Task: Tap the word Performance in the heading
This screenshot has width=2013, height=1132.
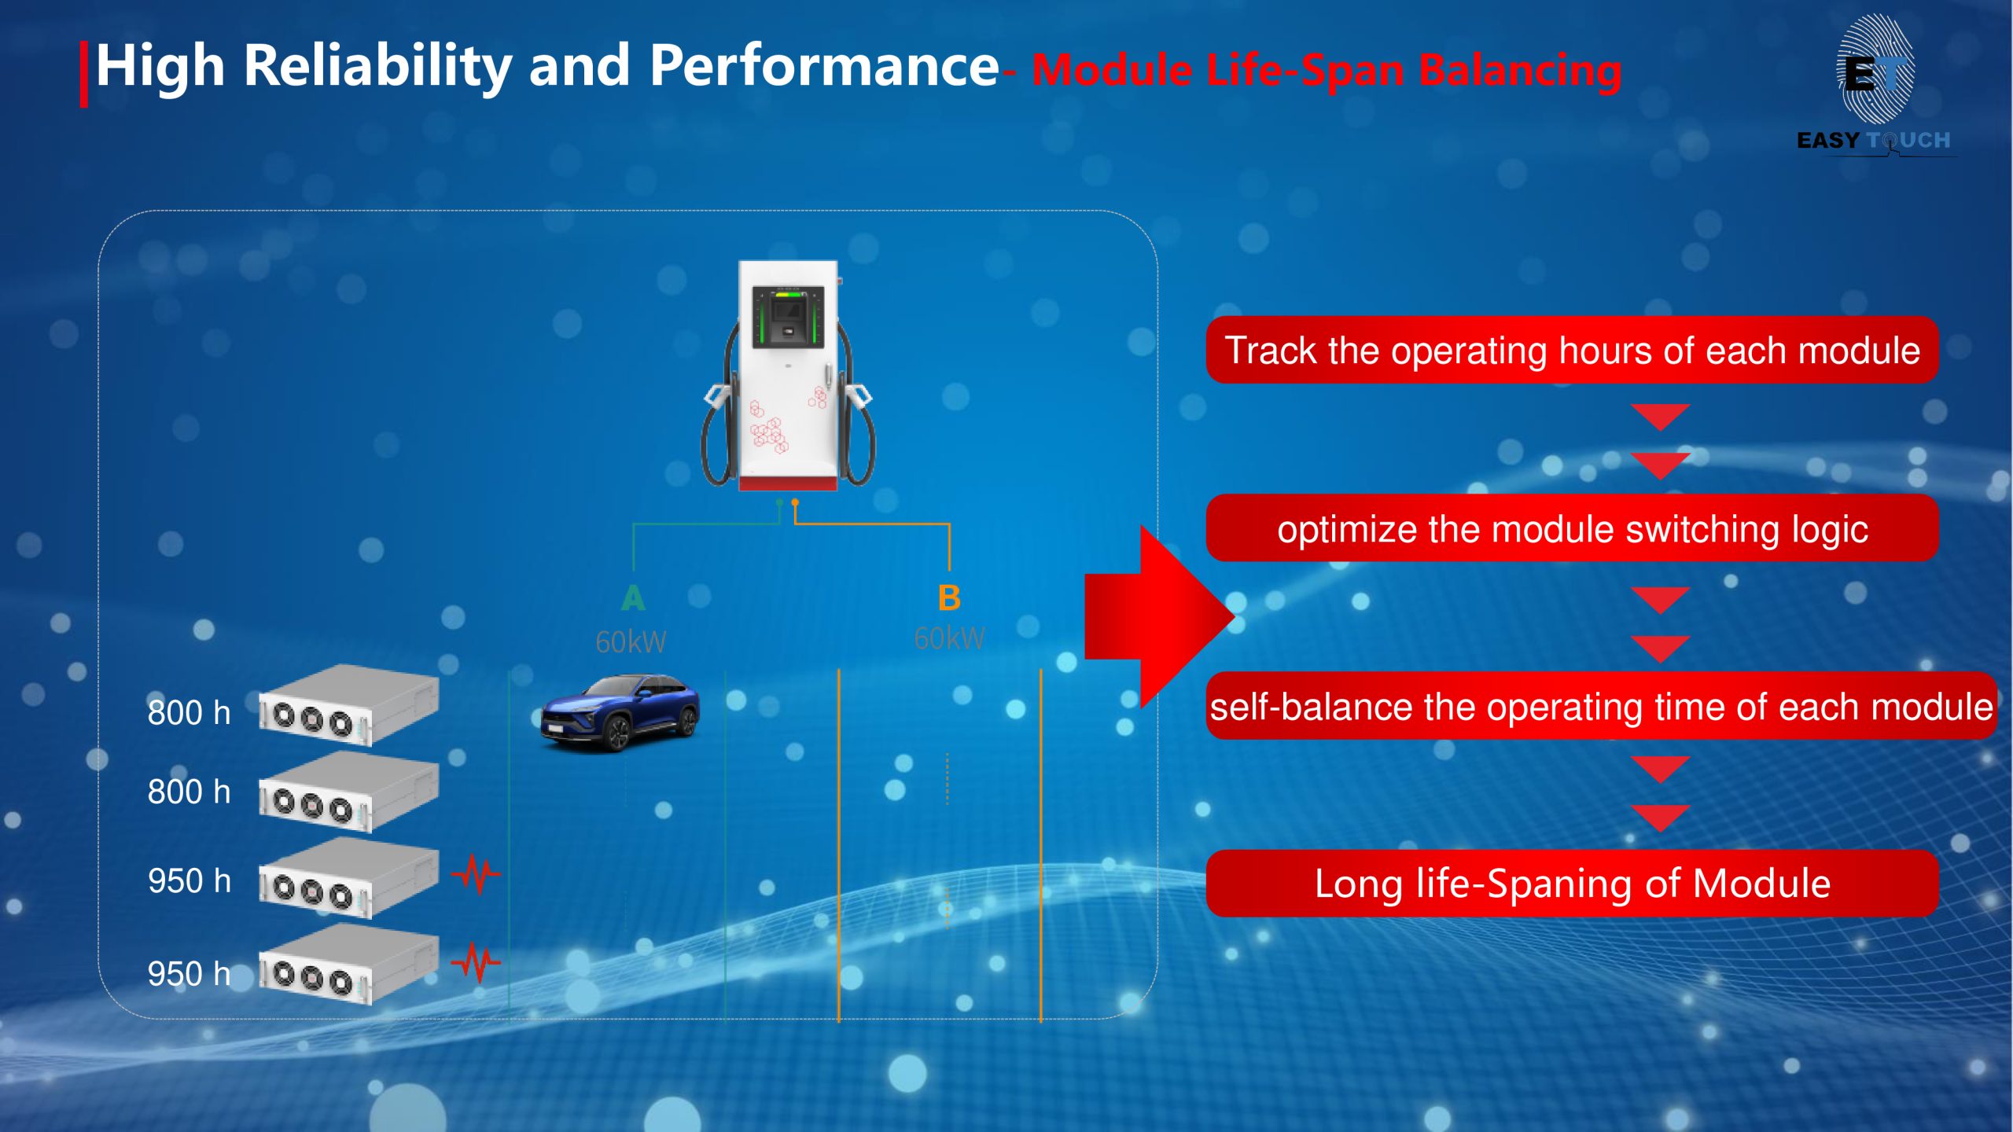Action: pos(824,66)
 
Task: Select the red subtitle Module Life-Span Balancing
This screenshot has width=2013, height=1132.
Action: pos(1327,71)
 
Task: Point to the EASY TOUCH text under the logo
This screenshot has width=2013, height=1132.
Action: pos(1874,141)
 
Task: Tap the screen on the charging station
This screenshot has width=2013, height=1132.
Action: pos(788,317)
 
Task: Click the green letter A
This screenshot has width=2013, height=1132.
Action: pos(633,599)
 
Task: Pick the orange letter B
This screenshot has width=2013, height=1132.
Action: pos(949,598)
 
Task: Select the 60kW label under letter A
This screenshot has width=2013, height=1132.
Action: pos(631,642)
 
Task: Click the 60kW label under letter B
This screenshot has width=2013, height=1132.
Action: pos(949,638)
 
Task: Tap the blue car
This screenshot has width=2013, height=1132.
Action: pos(620,712)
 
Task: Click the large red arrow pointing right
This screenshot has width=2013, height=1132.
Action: pos(1159,617)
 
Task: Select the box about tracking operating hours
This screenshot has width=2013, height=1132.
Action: pos(1572,350)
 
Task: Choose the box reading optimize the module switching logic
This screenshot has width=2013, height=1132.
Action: pos(1572,528)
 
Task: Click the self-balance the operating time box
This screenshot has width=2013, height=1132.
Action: pos(1602,706)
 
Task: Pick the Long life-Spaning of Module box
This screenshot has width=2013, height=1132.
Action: pos(1572,884)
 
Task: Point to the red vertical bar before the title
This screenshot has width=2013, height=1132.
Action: pos(83,74)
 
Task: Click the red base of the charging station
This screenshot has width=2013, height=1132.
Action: pos(788,483)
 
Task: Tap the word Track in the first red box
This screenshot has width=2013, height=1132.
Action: pos(1271,351)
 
